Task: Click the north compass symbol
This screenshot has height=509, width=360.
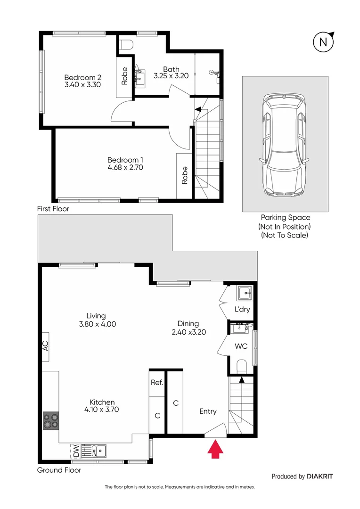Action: click(323, 41)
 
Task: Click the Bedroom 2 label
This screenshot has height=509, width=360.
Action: click(83, 77)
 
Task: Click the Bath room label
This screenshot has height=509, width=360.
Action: click(172, 69)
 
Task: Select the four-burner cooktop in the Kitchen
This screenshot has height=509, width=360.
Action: click(50, 420)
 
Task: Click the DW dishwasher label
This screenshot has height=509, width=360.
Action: click(75, 451)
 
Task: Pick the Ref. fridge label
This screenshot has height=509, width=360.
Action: click(156, 383)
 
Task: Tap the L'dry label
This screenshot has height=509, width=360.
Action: click(242, 310)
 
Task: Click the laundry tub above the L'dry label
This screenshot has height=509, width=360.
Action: click(245, 294)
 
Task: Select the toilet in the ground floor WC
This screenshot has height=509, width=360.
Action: click(241, 366)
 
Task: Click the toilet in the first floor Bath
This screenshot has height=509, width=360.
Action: click(127, 45)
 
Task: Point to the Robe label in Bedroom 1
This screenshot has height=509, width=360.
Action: click(185, 175)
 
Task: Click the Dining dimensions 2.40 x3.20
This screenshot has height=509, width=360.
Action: click(188, 331)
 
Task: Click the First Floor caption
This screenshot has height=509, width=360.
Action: click(53, 208)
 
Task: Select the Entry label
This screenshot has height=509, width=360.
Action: click(208, 411)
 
